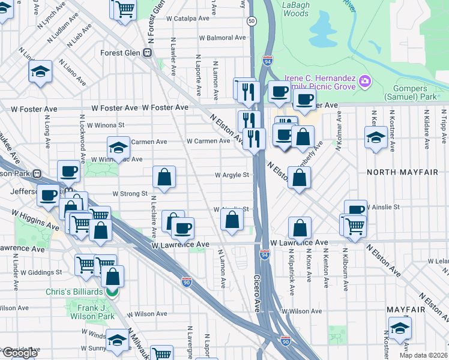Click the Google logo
(19, 353)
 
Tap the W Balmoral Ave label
(223, 38)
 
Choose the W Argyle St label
(232, 175)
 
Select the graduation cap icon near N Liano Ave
(40, 73)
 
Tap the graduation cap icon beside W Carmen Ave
(119, 148)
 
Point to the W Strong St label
(130, 194)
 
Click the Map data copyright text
(424, 355)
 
